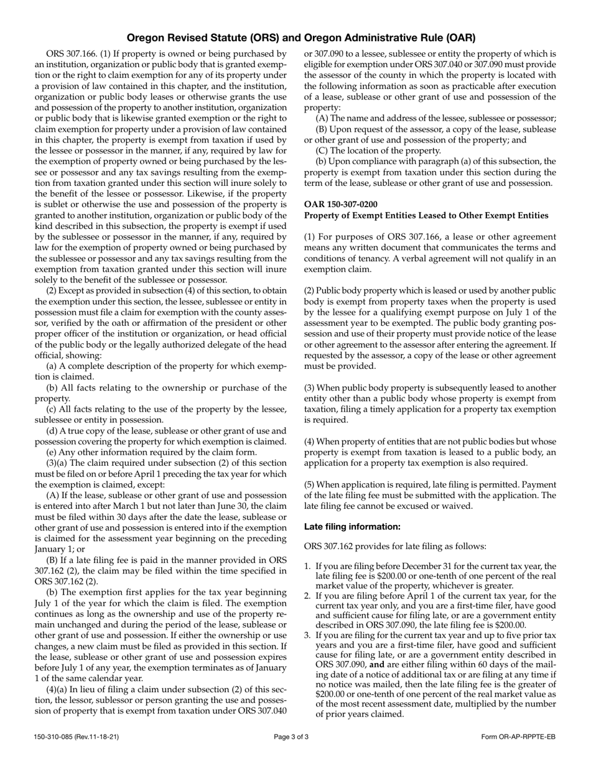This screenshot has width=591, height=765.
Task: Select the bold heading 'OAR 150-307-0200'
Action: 340,204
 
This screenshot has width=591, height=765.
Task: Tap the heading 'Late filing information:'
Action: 352,526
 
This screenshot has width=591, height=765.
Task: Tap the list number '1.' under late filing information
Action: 308,566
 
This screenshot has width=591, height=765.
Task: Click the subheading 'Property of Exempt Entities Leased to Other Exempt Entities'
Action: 426,215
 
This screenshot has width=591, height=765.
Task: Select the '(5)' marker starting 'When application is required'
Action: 310,484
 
